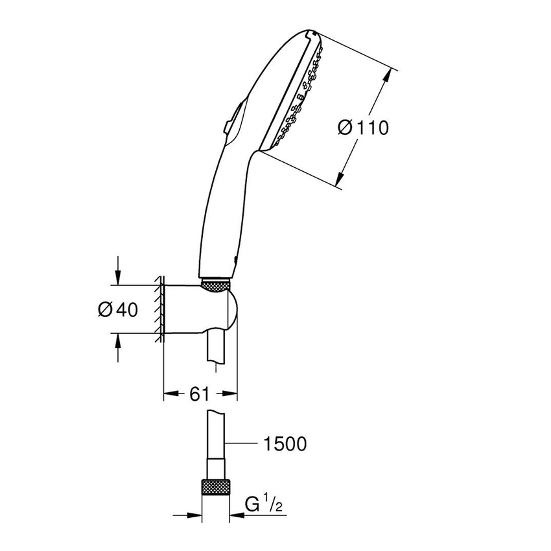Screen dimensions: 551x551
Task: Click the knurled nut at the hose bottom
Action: pos(217,486)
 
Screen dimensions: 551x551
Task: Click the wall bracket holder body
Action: pos(194,310)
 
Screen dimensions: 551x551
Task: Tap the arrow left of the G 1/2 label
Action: pos(237,516)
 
